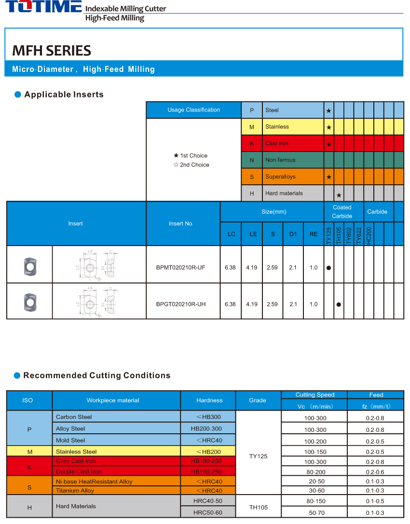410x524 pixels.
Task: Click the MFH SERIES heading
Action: (52, 51)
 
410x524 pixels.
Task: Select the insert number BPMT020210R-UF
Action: (181, 268)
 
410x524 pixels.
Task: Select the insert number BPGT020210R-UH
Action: (181, 304)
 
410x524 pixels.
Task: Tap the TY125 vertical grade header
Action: (329, 234)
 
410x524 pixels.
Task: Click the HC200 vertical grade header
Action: (369, 234)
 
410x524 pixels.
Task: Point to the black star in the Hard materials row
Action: (339, 195)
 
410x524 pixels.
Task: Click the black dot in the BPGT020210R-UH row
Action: (339, 304)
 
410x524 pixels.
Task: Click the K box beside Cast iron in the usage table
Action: (252, 143)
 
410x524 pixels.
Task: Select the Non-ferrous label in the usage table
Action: (280, 160)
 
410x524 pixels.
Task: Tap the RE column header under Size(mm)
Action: (314, 234)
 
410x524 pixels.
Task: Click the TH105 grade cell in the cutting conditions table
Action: (258, 507)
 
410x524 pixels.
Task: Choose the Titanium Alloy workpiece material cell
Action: (75, 491)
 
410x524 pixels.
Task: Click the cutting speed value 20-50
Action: (315, 482)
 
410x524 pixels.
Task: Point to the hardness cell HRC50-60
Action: (208, 512)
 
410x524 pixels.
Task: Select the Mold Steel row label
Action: (70, 440)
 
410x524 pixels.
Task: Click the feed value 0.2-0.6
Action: (375, 472)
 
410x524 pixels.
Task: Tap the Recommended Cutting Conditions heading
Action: (97, 375)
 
